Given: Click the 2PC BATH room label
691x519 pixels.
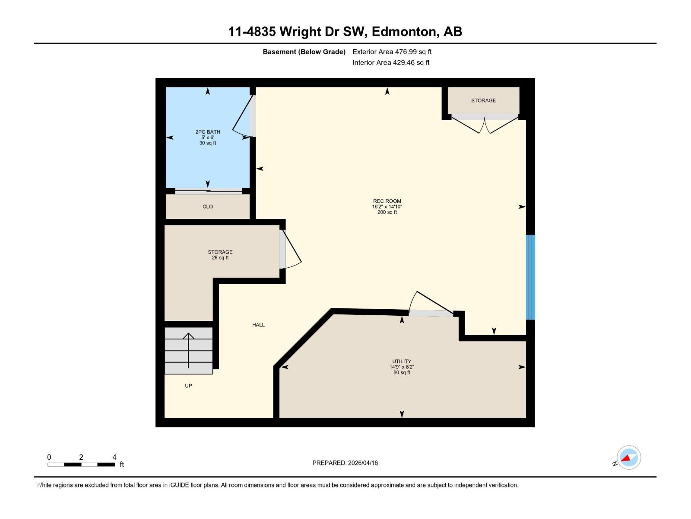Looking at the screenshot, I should tap(208, 132).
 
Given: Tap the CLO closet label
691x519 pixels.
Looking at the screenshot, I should tap(208, 207).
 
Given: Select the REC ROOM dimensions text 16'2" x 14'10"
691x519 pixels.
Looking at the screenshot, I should tap(387, 207).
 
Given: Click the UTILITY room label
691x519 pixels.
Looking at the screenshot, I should tap(402, 362).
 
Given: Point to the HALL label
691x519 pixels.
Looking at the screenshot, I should tap(258, 325).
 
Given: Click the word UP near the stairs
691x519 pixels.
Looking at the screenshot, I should tap(188, 386).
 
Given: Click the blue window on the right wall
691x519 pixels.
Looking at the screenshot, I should tap(530, 277).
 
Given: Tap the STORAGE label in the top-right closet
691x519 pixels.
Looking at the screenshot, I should tap(483, 100).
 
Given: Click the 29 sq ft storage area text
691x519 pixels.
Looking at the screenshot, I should tap(220, 258).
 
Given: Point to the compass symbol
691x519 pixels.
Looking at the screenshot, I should tap(628, 457).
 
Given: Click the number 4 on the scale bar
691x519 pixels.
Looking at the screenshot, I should tap(114, 457).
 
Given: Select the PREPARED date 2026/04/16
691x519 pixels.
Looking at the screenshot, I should tap(363, 463).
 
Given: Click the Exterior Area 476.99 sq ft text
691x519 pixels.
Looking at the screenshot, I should tap(392, 52).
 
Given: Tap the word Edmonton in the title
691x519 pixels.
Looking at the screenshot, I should tap(403, 32).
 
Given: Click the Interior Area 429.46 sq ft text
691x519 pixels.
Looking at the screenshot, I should tap(391, 63).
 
